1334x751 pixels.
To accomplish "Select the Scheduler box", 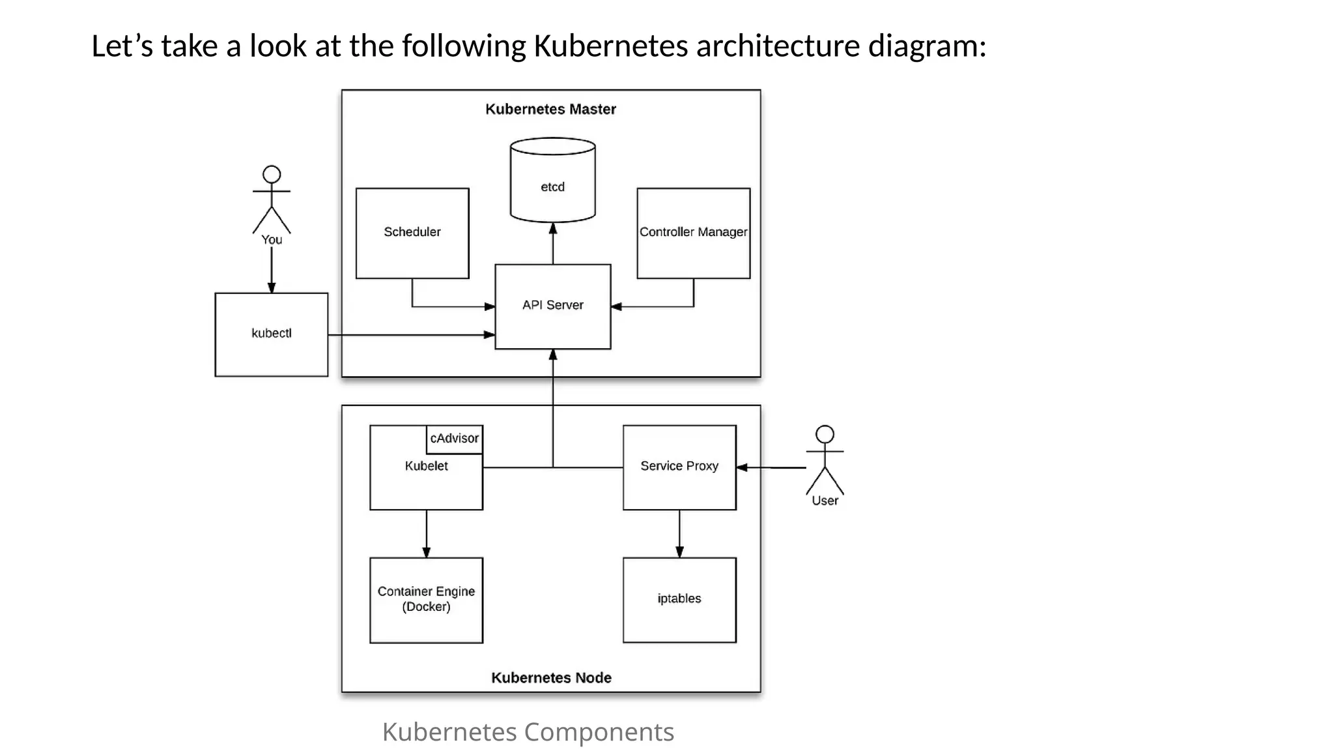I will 412,233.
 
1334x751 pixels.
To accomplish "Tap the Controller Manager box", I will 693,233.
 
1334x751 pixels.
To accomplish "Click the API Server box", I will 552,306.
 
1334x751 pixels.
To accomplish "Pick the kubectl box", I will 271,334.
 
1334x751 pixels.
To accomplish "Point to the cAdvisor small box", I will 454,439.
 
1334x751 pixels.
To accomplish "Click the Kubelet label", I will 426,466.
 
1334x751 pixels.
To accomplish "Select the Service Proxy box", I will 679,467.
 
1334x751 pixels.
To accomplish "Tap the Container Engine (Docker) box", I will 426,599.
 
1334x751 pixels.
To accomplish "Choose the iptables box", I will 679,599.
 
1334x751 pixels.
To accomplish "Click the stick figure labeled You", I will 272,199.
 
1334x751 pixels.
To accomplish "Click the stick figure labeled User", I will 825,460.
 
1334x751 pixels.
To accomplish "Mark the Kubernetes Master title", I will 550,110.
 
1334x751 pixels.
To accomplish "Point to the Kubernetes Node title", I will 551,678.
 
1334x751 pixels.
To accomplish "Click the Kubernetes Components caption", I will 528,731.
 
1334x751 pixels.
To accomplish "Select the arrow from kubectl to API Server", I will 410,335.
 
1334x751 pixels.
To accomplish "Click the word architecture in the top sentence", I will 778,46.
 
